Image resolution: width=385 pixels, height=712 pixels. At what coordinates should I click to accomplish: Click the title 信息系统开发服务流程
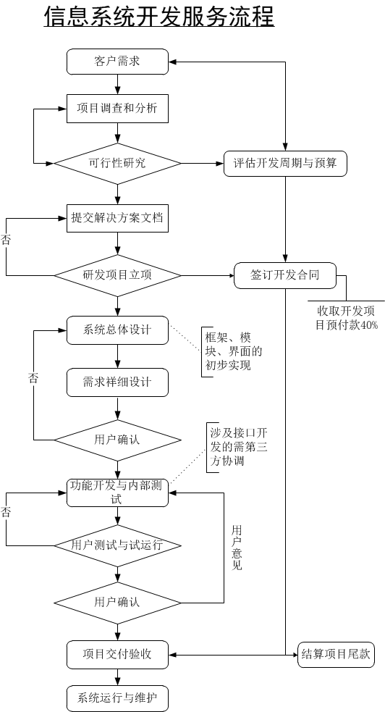coord(158,17)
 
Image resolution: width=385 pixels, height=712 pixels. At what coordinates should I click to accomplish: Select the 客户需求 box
coord(117,62)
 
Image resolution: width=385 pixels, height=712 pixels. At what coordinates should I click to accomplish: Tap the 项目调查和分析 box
coord(117,109)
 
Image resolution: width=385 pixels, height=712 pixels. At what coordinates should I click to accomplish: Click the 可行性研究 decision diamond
coord(117,163)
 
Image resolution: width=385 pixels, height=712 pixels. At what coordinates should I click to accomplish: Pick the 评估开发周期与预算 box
coord(285,163)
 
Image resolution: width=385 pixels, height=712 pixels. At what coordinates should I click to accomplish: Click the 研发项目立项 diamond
coord(117,275)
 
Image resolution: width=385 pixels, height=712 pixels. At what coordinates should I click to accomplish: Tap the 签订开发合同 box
coord(285,275)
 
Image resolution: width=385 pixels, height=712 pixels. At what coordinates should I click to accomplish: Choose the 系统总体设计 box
coord(117,330)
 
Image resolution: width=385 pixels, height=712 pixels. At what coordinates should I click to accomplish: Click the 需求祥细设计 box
coord(117,382)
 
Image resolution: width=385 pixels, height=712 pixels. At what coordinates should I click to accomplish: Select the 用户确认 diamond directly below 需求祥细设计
coord(117,440)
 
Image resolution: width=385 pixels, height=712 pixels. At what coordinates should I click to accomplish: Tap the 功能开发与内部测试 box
coord(117,492)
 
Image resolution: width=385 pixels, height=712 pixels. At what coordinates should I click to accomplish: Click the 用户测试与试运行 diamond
coord(117,545)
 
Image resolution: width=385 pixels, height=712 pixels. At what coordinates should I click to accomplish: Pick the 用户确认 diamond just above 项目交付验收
coord(117,602)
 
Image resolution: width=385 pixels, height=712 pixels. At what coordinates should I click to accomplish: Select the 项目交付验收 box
coord(117,654)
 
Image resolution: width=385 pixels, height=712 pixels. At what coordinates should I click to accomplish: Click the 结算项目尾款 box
coord(336,655)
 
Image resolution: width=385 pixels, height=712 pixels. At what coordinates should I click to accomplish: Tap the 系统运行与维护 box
coord(117,698)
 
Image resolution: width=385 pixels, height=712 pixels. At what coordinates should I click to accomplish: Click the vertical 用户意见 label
coord(237,548)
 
